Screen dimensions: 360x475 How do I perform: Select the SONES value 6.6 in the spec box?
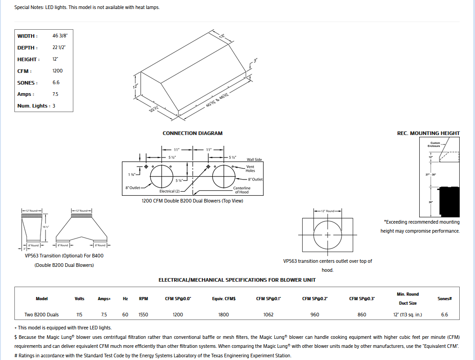56,82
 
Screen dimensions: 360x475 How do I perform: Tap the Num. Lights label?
33,106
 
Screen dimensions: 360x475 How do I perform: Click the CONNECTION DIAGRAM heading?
193,133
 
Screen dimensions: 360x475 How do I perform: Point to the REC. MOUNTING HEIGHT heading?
428,133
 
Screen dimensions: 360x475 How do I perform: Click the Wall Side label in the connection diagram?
254,159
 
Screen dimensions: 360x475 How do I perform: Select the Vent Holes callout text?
250,169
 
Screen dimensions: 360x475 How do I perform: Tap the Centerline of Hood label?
242,190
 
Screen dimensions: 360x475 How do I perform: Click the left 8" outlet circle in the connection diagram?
161,176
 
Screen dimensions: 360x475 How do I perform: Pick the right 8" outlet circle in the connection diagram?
224,176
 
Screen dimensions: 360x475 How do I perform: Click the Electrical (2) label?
170,191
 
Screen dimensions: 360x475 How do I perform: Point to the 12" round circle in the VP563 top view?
327,235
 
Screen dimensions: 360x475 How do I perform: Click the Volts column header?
79,298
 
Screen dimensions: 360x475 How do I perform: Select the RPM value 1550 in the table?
143,315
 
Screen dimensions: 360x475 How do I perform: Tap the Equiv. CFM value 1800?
224,315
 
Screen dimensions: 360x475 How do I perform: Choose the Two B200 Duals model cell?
41,315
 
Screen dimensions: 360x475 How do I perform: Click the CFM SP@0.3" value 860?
362,315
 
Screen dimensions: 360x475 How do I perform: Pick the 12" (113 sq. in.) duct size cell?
408,315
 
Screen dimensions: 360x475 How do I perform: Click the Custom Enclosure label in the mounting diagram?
435,144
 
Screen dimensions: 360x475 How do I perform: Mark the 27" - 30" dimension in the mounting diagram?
431,174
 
